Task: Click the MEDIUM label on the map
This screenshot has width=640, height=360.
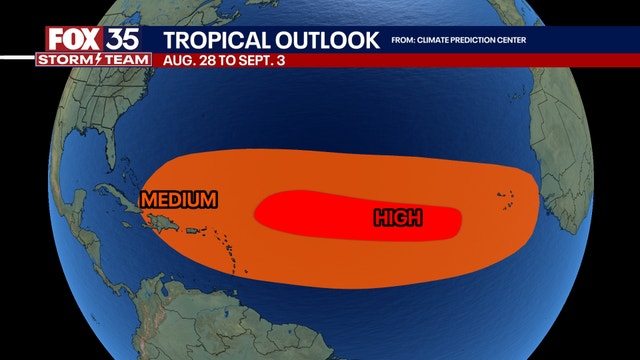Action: pyautogui.click(x=179, y=199)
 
